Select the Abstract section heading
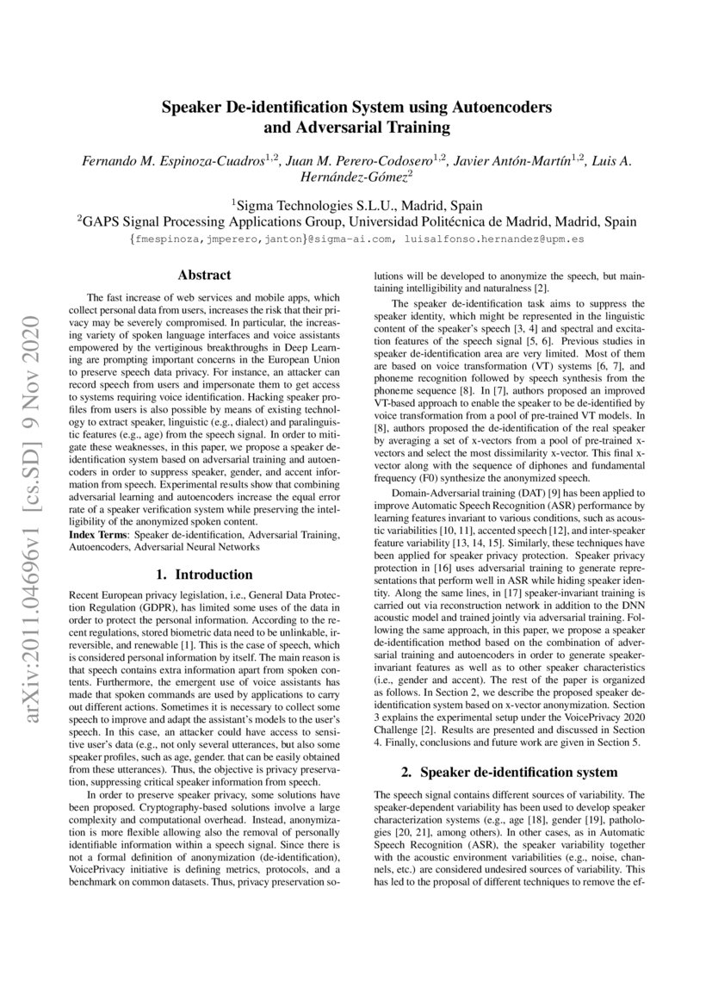[204, 276]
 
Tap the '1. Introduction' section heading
[204, 575]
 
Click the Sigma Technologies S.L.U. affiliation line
[356, 206]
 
